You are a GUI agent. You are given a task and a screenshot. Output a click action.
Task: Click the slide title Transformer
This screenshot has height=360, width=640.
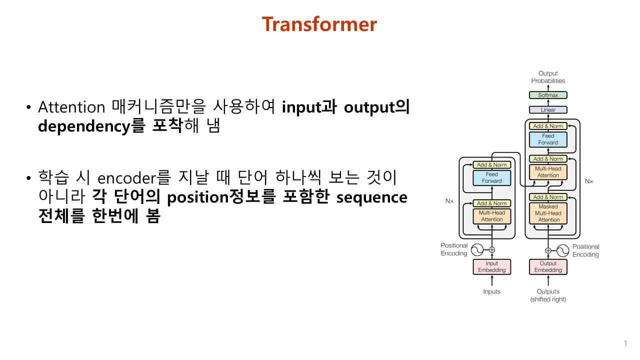click(319, 24)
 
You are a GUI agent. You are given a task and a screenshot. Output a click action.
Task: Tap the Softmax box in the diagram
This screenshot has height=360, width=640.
click(548, 95)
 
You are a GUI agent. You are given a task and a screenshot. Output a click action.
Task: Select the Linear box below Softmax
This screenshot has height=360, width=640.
click(548, 109)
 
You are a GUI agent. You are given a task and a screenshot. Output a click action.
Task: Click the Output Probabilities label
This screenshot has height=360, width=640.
click(548, 77)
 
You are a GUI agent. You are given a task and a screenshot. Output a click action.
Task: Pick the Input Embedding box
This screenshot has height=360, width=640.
click(491, 267)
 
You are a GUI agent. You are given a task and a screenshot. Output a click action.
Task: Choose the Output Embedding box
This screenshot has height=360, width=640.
click(548, 267)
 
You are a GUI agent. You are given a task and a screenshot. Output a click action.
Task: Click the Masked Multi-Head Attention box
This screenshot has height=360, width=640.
click(548, 213)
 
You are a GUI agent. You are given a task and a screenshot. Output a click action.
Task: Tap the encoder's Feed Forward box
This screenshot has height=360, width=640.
click(491, 178)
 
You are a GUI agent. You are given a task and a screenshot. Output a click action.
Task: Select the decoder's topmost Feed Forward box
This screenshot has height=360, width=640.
click(548, 139)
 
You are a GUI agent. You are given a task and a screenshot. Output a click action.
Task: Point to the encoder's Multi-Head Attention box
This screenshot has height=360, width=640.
click(491, 216)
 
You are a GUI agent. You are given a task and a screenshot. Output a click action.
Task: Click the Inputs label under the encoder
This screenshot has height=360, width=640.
click(491, 291)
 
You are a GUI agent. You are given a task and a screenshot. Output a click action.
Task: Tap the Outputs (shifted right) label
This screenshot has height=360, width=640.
click(548, 295)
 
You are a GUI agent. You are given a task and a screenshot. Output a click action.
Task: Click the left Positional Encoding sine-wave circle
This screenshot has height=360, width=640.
click(477, 249)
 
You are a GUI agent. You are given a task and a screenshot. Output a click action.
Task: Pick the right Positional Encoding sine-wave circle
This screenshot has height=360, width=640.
click(563, 250)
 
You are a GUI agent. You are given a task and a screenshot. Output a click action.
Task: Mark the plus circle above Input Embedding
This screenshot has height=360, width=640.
click(491, 249)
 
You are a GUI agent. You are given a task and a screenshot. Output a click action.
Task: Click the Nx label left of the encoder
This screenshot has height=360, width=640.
click(449, 200)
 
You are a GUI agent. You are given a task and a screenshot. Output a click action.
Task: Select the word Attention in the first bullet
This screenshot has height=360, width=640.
click(71, 107)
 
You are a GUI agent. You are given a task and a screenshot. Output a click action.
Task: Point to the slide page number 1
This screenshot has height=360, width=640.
click(625, 343)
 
